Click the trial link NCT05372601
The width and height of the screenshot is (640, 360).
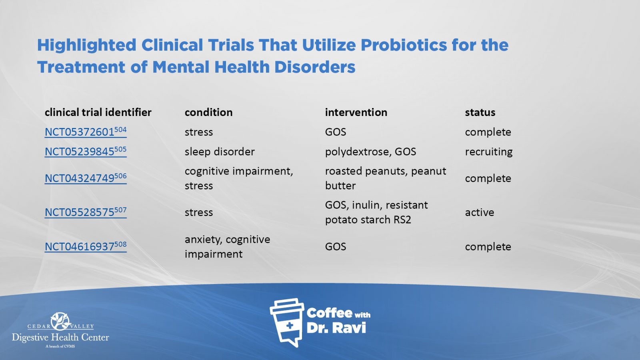(x=86, y=132)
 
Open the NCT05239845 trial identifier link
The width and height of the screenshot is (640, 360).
(x=86, y=152)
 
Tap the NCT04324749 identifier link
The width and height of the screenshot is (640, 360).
(x=86, y=178)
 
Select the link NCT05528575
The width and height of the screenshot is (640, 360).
(x=86, y=212)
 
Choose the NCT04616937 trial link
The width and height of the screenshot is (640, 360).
(x=86, y=246)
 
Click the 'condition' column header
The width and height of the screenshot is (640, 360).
(x=208, y=112)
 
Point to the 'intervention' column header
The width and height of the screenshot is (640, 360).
(x=356, y=112)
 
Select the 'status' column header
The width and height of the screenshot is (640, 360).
(x=480, y=112)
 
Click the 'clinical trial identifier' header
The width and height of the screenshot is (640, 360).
(x=98, y=112)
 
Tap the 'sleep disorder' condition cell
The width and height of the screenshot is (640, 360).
(x=220, y=152)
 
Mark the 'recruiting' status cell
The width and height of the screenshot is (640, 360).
(x=488, y=152)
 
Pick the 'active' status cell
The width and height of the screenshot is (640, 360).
(x=480, y=212)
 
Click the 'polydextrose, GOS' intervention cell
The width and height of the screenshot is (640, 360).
(x=370, y=152)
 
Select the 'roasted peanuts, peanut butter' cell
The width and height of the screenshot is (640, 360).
(x=386, y=178)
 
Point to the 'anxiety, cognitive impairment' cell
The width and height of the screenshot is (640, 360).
(x=227, y=246)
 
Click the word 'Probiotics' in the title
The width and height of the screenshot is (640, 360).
(x=403, y=45)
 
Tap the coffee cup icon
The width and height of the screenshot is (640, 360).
(x=287, y=322)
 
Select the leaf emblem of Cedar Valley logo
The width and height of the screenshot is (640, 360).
(x=60, y=321)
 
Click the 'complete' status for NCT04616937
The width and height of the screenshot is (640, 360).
(x=488, y=246)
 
